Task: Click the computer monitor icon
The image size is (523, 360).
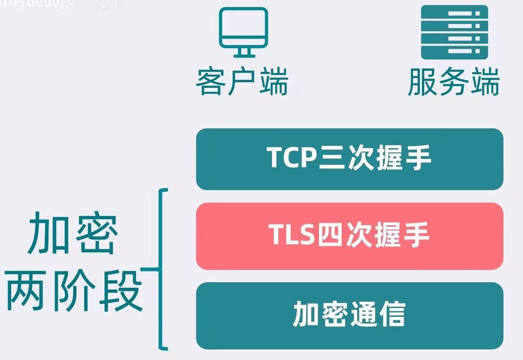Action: (x=243, y=32)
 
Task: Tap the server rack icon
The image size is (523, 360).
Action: (x=454, y=32)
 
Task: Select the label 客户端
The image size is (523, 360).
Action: (x=242, y=82)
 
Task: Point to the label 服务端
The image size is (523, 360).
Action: (x=454, y=82)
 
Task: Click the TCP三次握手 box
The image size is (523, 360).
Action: (x=350, y=159)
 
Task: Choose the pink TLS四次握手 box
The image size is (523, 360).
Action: (x=350, y=236)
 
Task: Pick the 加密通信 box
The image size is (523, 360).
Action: (x=350, y=315)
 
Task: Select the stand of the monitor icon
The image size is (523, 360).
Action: (x=243, y=53)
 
